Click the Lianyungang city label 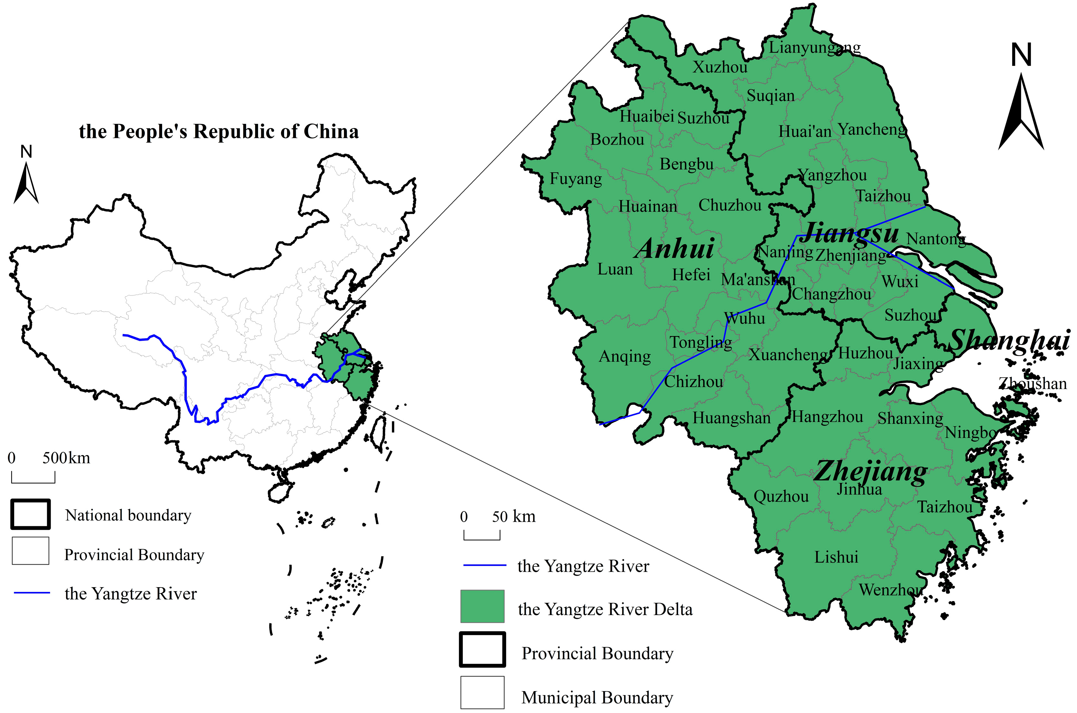point(814,47)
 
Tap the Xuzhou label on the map point(719,67)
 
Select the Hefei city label point(691,275)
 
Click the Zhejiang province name point(870,472)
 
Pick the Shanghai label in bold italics point(1010,340)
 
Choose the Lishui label point(836,557)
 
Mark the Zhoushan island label point(1032,384)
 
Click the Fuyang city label point(575,179)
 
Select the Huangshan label point(731,418)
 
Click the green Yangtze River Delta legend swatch point(482,606)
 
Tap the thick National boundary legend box point(30,514)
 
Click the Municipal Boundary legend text point(597,697)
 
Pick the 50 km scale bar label point(513,517)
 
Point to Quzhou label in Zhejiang point(781,496)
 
